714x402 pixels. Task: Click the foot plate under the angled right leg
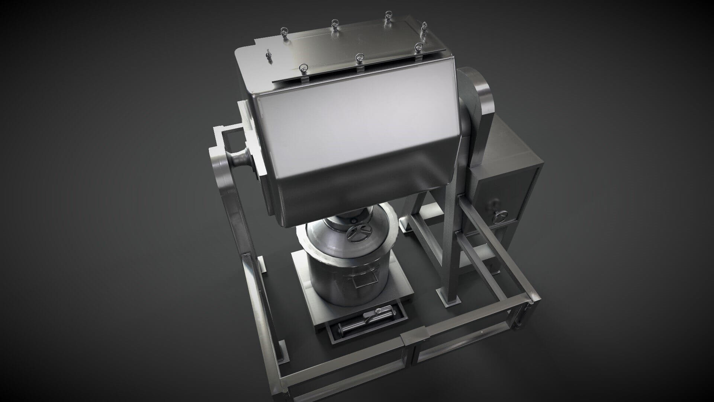coord(448,298)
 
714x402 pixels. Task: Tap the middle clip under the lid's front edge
coord(360,69)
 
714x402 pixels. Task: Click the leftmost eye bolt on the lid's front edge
coord(302,68)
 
